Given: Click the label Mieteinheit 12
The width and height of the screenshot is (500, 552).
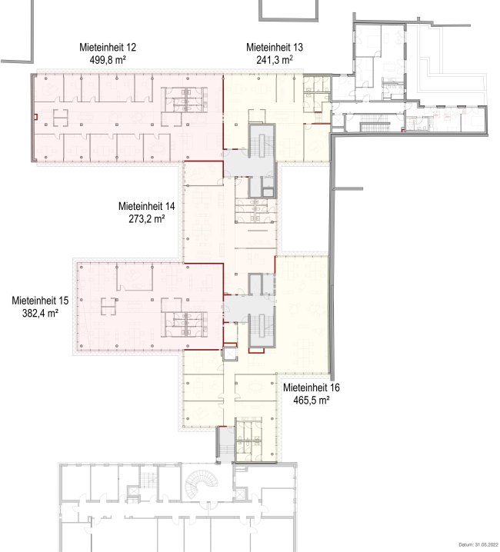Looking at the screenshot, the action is point(108,47).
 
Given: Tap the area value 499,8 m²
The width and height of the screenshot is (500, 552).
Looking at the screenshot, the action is point(108,59).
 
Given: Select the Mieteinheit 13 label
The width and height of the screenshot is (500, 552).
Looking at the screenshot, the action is point(275,47).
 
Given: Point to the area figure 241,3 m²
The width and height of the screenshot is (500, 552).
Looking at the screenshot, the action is point(275,59).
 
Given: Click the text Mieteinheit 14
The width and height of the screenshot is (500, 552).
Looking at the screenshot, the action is point(147,206).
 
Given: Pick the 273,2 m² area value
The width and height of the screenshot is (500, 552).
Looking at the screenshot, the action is point(147,218).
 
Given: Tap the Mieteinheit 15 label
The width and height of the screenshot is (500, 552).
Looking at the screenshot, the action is point(40,301).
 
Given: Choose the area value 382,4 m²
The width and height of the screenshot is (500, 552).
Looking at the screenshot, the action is point(40,313).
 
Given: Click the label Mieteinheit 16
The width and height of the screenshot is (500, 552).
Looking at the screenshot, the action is point(312,387).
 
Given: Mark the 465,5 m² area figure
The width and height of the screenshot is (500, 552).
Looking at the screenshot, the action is point(312,400).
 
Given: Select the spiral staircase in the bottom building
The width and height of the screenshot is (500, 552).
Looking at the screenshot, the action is point(199,485).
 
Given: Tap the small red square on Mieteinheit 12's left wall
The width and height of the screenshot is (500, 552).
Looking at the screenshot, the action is point(35,117).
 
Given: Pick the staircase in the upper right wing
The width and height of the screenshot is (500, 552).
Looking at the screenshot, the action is point(375,126).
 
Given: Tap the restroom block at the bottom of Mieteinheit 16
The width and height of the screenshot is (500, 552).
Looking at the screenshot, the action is point(248,439).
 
